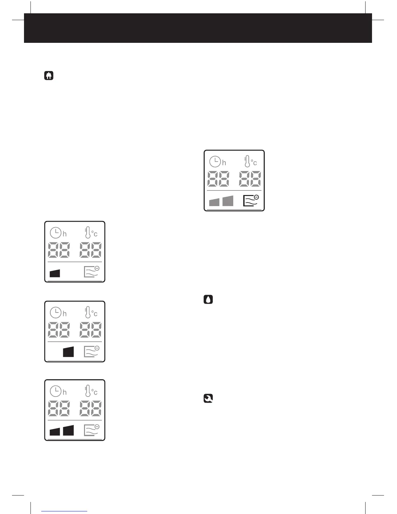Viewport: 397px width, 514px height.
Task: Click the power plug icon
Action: pos(49,76)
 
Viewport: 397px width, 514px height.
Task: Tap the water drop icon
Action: pos(208,299)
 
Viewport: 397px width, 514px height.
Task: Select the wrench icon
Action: pos(208,398)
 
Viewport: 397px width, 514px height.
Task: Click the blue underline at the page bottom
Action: pos(64,511)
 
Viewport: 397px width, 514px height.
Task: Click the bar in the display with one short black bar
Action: pos(55,273)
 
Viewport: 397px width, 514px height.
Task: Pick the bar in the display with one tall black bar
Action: pos(68,352)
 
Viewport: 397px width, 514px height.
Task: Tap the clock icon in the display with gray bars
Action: pos(215,161)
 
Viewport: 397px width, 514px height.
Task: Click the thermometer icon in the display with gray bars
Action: pos(247,161)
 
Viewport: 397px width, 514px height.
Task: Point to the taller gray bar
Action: pos(228,201)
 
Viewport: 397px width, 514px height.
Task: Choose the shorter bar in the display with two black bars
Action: pos(55,431)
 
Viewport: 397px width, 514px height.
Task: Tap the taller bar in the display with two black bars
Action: pos(68,430)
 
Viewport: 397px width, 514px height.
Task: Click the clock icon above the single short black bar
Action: pos(55,232)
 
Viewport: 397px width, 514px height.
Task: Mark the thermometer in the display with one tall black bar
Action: pos(88,312)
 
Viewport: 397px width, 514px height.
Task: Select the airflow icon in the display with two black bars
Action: pos(91,430)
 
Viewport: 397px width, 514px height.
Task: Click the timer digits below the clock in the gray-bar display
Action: pos(218,179)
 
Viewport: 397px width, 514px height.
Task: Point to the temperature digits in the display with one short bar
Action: pos(90,250)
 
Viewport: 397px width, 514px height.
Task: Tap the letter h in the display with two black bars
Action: pos(65,392)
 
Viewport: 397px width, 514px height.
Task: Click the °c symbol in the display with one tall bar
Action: pos(94,313)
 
